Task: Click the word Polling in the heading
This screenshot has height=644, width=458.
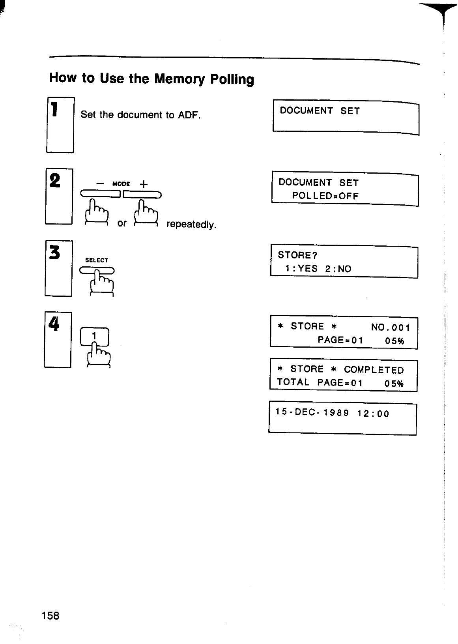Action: (x=232, y=80)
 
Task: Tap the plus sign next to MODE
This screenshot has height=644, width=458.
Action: (x=144, y=184)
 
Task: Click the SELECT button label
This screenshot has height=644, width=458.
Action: (x=97, y=260)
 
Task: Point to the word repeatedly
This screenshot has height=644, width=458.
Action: (x=191, y=225)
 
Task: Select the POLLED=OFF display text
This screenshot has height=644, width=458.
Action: (x=325, y=196)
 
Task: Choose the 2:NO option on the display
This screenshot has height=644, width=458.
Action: (x=338, y=269)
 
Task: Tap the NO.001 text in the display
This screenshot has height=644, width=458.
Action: (x=391, y=328)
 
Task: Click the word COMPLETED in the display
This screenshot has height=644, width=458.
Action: (x=374, y=370)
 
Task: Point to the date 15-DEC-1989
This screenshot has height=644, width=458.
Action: (x=312, y=413)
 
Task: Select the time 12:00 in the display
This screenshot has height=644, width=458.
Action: (x=373, y=414)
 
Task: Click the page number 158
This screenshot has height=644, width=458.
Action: (x=50, y=615)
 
